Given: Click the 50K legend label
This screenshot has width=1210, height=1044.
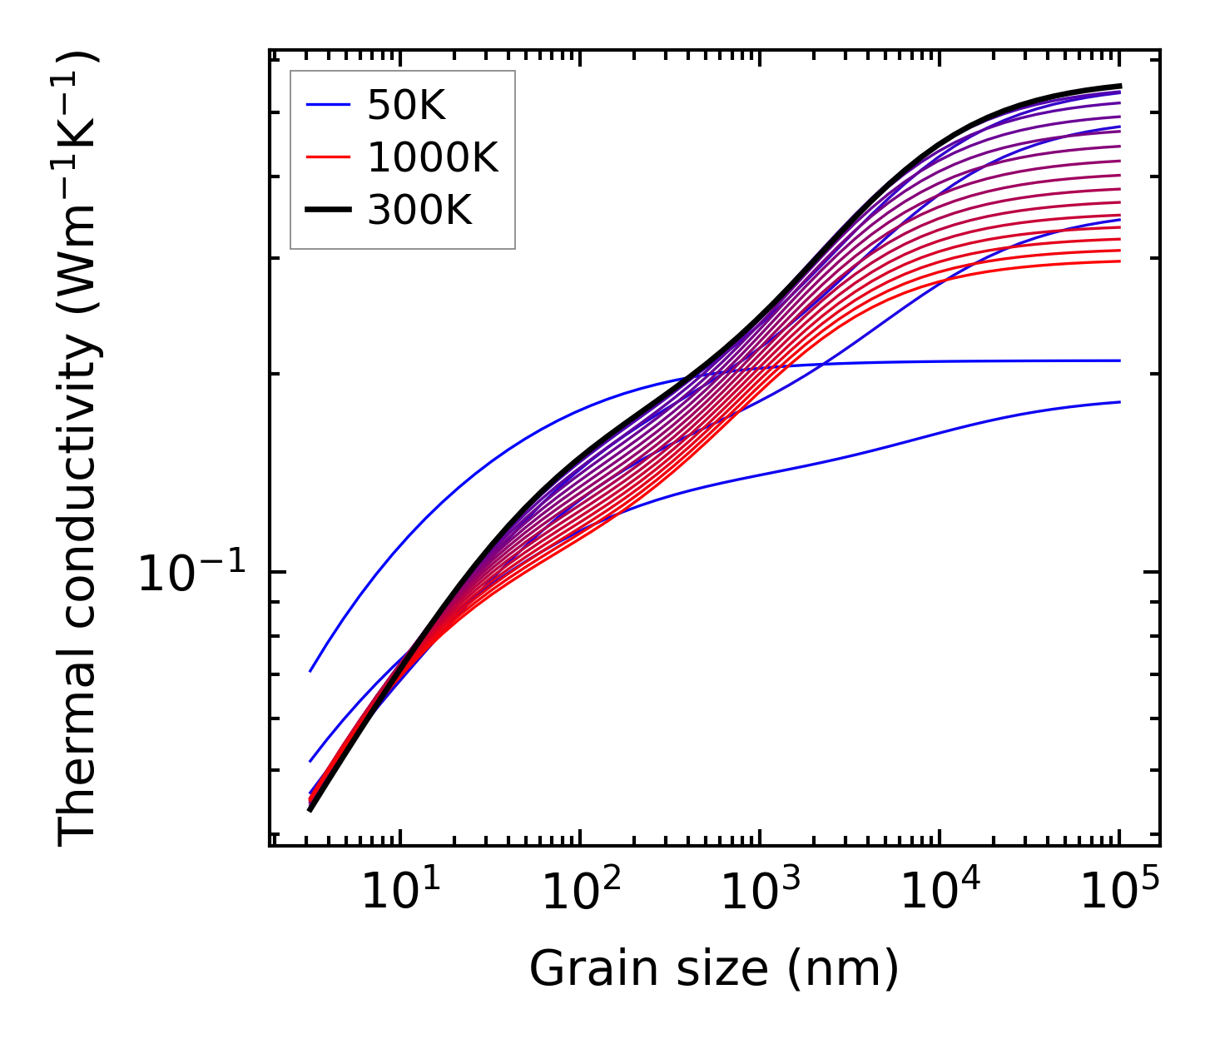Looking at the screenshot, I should pos(406,106).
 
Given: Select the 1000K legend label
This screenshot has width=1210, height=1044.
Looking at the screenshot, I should pos(433,157).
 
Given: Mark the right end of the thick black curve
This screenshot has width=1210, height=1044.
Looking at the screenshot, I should pos(1120,86).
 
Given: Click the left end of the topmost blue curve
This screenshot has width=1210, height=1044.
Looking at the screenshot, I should pos(310,671).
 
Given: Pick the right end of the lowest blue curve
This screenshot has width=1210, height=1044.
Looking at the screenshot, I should pos(1120,402).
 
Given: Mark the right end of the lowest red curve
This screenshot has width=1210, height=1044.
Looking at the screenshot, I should pos(1120,261).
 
